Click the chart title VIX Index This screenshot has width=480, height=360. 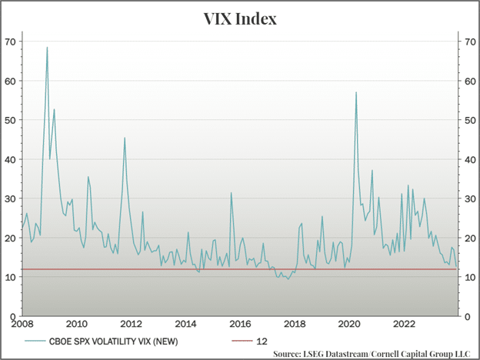click(239, 17)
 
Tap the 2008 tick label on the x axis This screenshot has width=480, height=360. click(22, 324)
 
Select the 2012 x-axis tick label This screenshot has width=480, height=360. click(131, 324)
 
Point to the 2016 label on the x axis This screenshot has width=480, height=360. click(240, 324)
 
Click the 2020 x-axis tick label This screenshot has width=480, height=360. click(349, 324)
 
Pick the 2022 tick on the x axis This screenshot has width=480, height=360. click(404, 324)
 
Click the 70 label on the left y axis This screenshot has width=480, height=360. click(11, 41)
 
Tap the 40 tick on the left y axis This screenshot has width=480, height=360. click(11, 159)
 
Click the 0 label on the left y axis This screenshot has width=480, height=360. click(13, 316)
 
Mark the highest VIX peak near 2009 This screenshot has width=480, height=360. click(47, 48)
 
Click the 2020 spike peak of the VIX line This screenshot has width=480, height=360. click(356, 92)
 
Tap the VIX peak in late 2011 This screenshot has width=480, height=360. click(125, 138)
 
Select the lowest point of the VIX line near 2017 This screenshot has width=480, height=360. click(288, 278)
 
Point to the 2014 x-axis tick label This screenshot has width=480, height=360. click(185, 324)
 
